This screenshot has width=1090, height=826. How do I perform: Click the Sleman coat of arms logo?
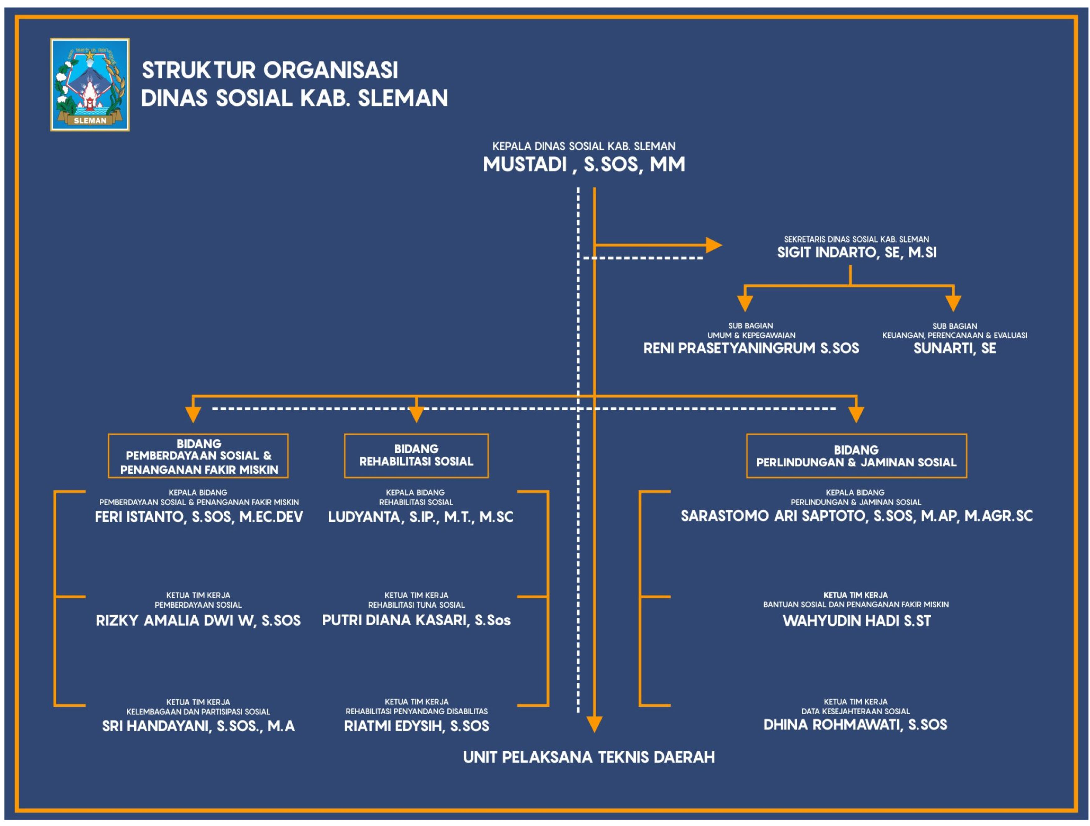[90, 85]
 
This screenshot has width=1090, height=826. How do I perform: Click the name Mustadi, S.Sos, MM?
[584, 164]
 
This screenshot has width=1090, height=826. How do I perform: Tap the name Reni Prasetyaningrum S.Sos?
[751, 348]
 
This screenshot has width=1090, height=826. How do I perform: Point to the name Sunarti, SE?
[954, 348]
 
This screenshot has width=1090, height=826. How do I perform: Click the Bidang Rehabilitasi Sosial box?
[416, 455]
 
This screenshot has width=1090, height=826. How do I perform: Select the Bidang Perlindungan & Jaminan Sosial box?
[856, 455]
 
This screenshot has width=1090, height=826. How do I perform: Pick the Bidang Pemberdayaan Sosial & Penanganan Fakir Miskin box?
[198, 455]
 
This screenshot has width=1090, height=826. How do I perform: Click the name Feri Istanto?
[140, 517]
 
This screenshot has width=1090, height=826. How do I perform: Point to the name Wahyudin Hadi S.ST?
[856, 621]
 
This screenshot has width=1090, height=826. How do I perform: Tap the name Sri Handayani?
[156, 726]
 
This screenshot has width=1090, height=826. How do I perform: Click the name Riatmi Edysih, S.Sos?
[416, 726]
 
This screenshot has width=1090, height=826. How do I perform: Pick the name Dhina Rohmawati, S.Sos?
[855, 725]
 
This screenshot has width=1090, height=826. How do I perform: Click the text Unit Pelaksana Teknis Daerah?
[589, 757]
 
